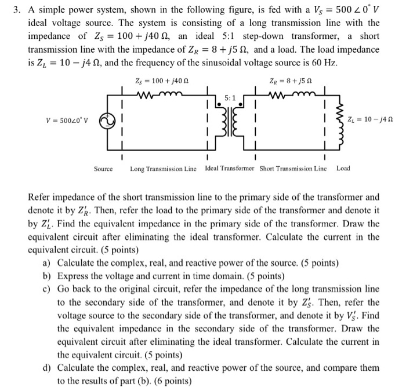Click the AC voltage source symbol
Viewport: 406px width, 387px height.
point(106,120)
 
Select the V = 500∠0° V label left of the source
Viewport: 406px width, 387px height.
point(66,121)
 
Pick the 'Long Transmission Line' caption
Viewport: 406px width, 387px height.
point(164,169)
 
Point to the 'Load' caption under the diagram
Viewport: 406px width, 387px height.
point(343,169)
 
